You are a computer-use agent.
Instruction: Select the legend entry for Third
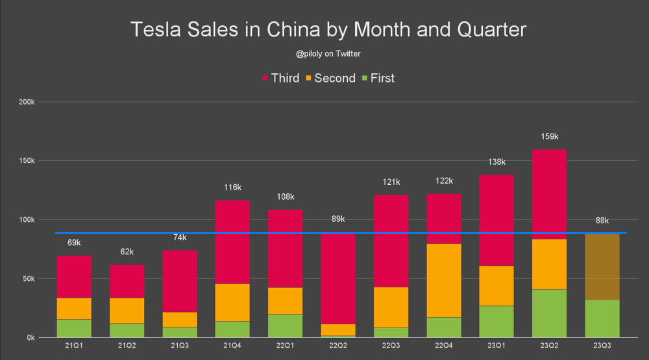pos(280,78)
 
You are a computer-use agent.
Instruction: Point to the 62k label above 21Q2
pos(127,252)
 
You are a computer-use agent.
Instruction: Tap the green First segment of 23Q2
pos(548,313)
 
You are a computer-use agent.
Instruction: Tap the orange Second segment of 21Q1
pos(74,309)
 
